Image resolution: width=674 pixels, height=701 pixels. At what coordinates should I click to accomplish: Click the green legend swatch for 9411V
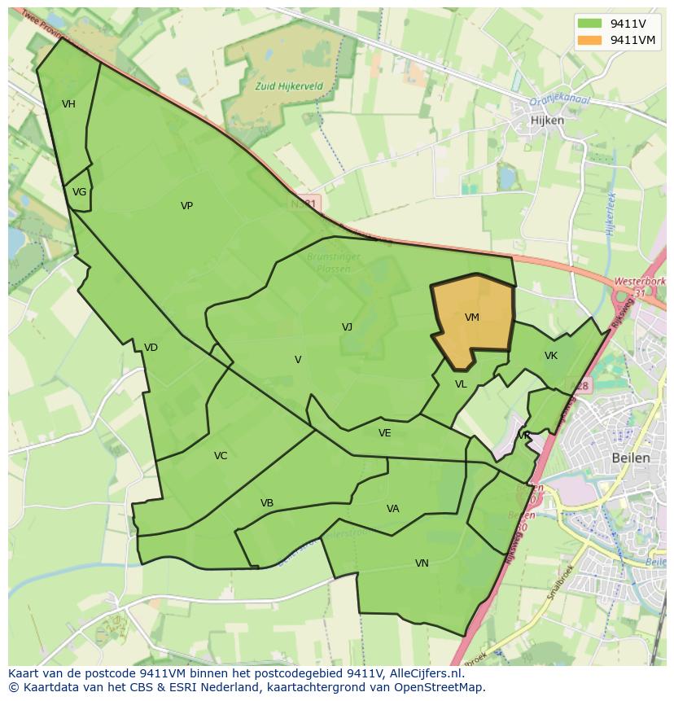[x=590, y=24]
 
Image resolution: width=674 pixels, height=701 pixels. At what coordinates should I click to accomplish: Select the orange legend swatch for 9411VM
[x=590, y=40]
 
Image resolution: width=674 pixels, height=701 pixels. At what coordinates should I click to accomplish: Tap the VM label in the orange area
[x=472, y=318]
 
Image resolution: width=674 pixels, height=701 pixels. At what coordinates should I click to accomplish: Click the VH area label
[x=68, y=103]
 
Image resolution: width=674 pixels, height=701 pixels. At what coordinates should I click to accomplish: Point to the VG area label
[x=79, y=192]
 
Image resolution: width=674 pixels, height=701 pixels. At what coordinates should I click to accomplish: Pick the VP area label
[x=186, y=206]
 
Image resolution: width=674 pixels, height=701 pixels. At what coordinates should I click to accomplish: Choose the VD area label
[x=151, y=348]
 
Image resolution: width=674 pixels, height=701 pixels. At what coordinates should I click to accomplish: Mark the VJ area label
[x=347, y=327]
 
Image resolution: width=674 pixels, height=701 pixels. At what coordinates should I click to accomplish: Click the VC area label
[x=221, y=456]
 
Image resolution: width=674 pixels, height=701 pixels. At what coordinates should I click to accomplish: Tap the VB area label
[x=267, y=503]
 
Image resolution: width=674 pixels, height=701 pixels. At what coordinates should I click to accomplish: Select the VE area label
[x=385, y=433]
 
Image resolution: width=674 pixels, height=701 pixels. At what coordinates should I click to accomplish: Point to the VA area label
[x=393, y=509]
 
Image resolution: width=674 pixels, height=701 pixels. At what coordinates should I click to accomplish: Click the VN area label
[x=422, y=563]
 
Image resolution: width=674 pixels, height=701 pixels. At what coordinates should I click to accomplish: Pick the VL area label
[x=461, y=384]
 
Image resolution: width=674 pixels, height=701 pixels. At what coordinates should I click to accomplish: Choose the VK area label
[x=551, y=356]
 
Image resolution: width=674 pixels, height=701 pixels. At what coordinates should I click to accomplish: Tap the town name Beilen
[x=631, y=458]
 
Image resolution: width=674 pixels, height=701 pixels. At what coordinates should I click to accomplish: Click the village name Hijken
[x=547, y=120]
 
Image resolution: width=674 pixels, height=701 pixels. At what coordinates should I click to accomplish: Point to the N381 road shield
[x=309, y=203]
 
